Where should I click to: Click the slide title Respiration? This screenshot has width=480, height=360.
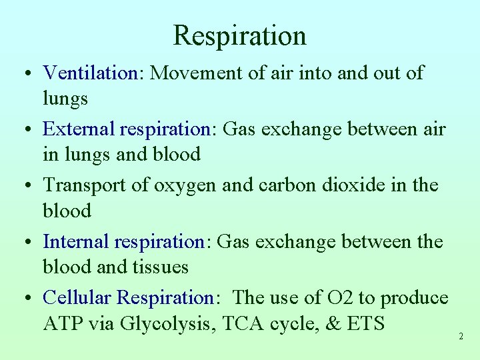tap(240, 35)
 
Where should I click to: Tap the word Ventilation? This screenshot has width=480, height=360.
tap(89, 73)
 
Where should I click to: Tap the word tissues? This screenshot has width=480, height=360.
tap(160, 267)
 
